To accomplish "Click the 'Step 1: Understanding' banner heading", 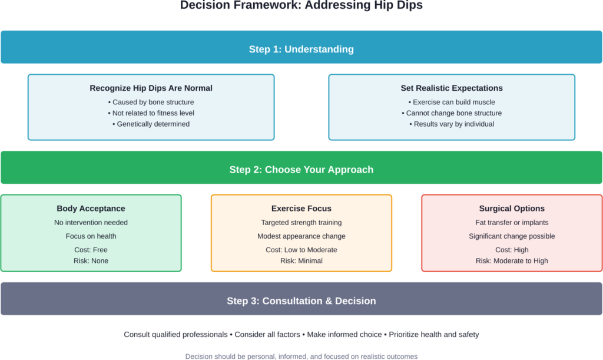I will (x=301, y=49).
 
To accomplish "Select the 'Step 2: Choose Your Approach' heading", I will (x=301, y=169).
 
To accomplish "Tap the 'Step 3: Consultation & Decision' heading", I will (x=301, y=300).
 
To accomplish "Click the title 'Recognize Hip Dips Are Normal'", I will (x=151, y=88).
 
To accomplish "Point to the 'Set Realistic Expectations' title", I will (x=452, y=88).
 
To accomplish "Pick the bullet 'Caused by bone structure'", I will (x=151, y=102).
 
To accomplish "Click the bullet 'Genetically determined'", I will (x=151, y=124).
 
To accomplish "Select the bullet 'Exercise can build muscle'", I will (x=452, y=102).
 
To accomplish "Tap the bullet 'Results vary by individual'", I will (x=452, y=124).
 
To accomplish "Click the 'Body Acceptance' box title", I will (x=91, y=208).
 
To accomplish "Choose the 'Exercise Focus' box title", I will (x=301, y=208).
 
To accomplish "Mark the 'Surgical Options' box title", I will (x=512, y=208).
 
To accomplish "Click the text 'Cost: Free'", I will (x=91, y=250).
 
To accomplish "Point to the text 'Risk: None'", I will (x=91, y=260).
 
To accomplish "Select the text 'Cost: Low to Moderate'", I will (x=301, y=250).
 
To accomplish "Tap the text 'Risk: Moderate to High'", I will (x=512, y=260).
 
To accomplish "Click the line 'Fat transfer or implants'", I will (x=512, y=222).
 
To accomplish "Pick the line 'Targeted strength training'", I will (x=301, y=222).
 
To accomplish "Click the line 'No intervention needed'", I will (x=91, y=222).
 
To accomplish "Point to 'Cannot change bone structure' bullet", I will (x=452, y=113).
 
